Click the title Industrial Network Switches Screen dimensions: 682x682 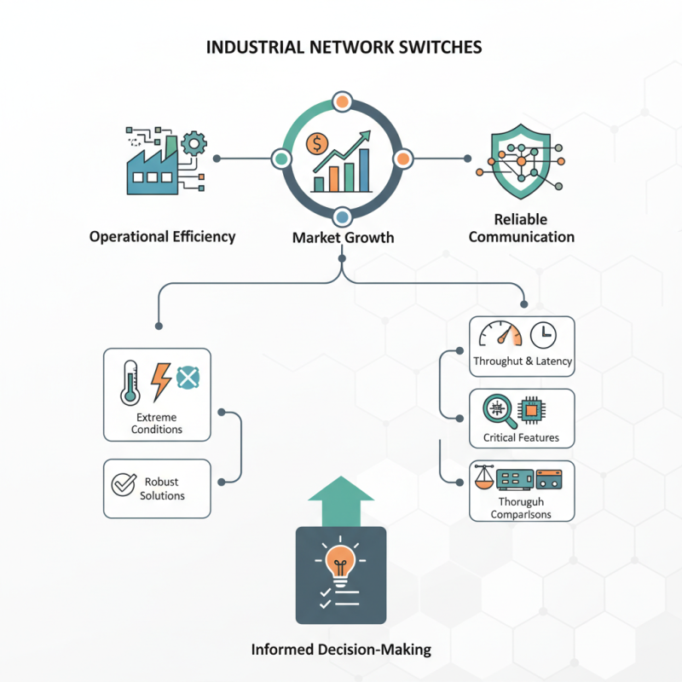coord(344,47)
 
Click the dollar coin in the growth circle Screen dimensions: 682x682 coord(318,142)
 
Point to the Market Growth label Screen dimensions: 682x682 coord(343,237)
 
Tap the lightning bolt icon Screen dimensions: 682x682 coord(160,380)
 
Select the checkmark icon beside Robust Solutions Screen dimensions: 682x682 coord(124,484)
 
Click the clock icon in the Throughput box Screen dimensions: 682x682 coord(543,335)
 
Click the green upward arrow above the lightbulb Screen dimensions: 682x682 coord(340,503)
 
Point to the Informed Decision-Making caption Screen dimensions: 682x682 coord(341,650)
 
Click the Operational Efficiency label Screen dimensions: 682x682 coord(162,236)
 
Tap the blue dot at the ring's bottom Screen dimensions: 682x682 coord(341,217)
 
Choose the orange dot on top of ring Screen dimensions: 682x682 coord(341,101)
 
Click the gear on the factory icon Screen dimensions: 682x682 coord(194,143)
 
